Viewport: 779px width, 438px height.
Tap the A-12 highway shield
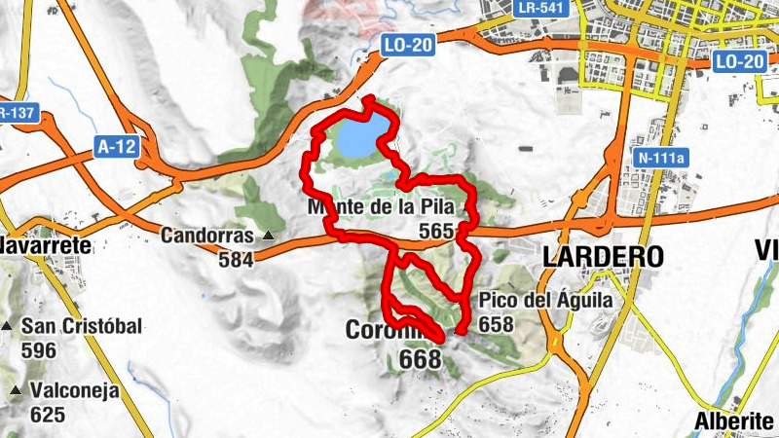(x=117, y=146)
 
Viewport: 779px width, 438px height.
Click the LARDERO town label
(x=603, y=257)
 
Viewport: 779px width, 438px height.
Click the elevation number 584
(x=236, y=259)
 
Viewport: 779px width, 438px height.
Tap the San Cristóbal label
(x=82, y=325)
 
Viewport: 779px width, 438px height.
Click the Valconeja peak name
(x=75, y=391)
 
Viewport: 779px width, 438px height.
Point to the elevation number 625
(x=47, y=416)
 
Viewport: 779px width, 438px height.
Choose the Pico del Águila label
(x=545, y=300)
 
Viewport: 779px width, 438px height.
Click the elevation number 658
(x=496, y=324)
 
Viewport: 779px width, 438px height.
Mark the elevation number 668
(x=421, y=360)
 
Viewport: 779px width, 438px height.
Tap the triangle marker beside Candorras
(x=267, y=236)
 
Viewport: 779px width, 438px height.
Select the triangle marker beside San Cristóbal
(x=8, y=325)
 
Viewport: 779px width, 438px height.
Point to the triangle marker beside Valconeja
(x=15, y=391)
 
